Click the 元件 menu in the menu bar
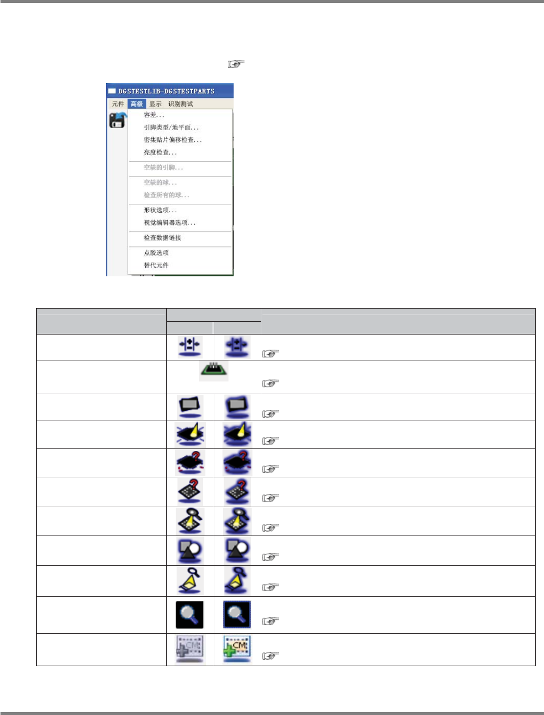click(x=118, y=104)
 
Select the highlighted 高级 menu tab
click(x=136, y=104)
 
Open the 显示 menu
click(x=156, y=104)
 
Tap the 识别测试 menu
click(x=181, y=104)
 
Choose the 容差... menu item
click(x=154, y=115)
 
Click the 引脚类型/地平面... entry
click(x=171, y=128)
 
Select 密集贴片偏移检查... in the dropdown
click(x=172, y=140)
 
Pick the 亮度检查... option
click(x=160, y=153)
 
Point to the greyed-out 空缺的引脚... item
click(x=163, y=168)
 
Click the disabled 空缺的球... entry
click(x=160, y=183)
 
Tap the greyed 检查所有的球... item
click(x=166, y=195)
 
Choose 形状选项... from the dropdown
click(x=160, y=210)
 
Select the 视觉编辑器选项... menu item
click(x=169, y=223)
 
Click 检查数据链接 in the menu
click(x=162, y=238)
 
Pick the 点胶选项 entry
click(x=156, y=253)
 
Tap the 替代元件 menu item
click(x=156, y=266)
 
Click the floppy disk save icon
click(x=117, y=120)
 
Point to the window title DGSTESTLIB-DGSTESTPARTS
click(x=166, y=91)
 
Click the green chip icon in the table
click(x=214, y=371)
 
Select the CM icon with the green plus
click(x=237, y=649)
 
